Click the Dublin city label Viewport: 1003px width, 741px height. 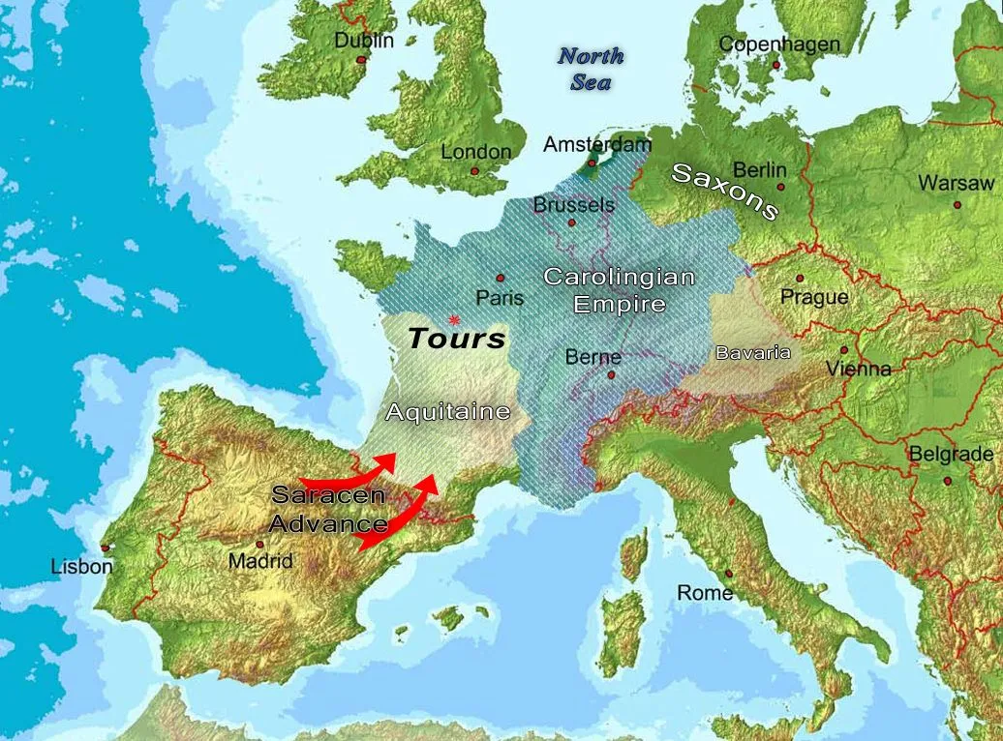[364, 41]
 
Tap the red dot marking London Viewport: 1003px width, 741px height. [474, 171]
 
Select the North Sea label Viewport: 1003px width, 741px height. [591, 69]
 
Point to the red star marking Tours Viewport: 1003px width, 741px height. [453, 319]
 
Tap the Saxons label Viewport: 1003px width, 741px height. [725, 191]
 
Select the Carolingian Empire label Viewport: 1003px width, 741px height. [619, 290]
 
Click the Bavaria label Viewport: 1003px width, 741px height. [752, 353]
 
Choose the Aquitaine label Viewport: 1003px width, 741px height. [447, 412]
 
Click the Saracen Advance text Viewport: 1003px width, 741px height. [328, 510]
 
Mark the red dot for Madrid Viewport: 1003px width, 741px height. [259, 545]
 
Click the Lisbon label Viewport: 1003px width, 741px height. [81, 567]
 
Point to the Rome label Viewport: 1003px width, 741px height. [704, 593]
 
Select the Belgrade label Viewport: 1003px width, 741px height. [950, 454]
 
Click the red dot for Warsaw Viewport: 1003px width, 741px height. [957, 204]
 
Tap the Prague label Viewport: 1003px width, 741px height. [813, 297]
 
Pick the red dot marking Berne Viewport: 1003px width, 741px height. [611, 374]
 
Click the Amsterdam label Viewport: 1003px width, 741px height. [597, 145]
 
